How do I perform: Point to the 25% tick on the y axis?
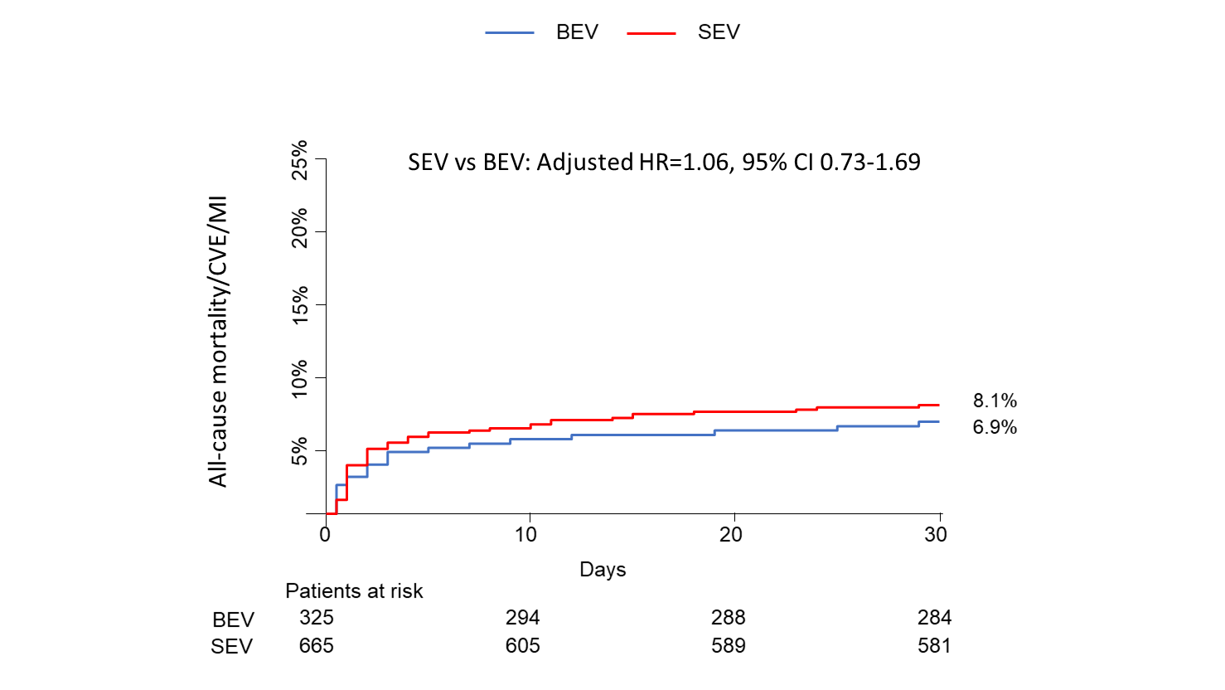pyautogui.click(x=300, y=159)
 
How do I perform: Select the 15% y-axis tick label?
pyautogui.click(x=300, y=304)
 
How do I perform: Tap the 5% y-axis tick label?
pyautogui.click(x=300, y=450)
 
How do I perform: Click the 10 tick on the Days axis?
pyautogui.click(x=526, y=535)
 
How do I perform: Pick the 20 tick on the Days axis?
pyautogui.click(x=730, y=535)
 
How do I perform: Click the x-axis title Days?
pyautogui.click(x=603, y=570)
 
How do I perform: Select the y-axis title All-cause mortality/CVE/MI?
pyautogui.click(x=218, y=342)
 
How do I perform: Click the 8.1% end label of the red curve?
pyautogui.click(x=995, y=401)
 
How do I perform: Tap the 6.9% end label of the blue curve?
pyautogui.click(x=995, y=427)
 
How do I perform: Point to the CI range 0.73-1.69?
pyautogui.click(x=870, y=162)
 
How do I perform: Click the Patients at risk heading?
pyautogui.click(x=354, y=591)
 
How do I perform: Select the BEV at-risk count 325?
pyautogui.click(x=317, y=618)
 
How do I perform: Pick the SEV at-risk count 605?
pyautogui.click(x=522, y=646)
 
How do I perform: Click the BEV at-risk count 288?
pyautogui.click(x=728, y=618)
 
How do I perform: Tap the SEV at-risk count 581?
pyautogui.click(x=934, y=646)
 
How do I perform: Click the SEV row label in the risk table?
pyautogui.click(x=231, y=647)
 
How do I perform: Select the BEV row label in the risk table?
pyautogui.click(x=233, y=620)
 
